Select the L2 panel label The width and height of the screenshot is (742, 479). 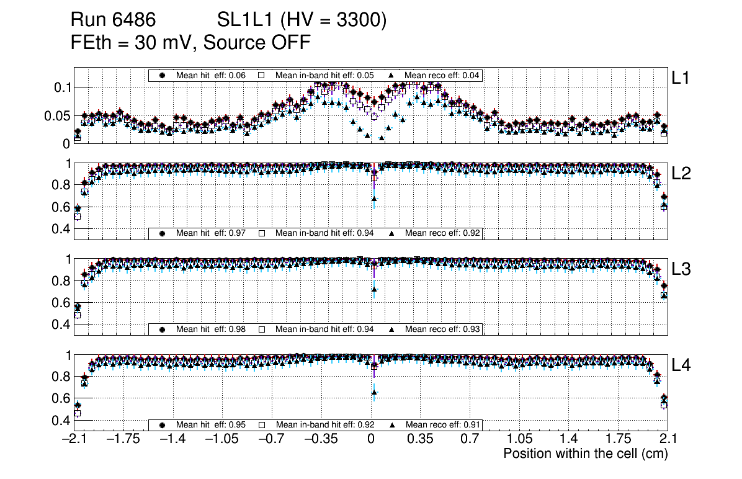(681, 174)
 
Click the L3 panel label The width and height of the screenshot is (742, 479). (681, 269)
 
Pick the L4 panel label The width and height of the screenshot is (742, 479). (681, 365)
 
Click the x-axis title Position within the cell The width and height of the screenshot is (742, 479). (585, 454)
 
